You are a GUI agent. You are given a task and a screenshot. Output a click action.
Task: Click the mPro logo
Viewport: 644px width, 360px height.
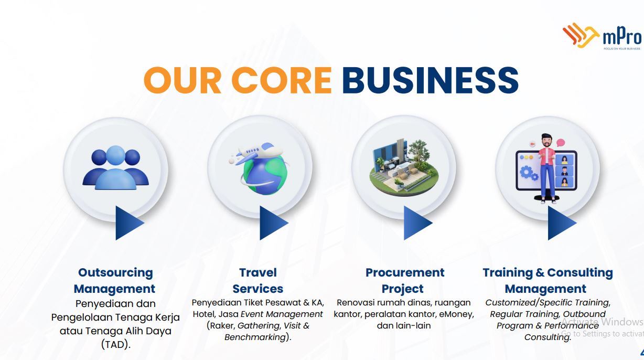(603, 37)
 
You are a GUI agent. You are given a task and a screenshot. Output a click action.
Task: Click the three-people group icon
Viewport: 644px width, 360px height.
(115, 167)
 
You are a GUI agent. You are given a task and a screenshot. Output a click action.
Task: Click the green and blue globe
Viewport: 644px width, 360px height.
(265, 176)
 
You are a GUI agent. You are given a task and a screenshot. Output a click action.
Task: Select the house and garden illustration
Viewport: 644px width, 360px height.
(404, 168)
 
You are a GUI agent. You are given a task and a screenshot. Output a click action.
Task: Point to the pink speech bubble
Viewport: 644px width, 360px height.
(561, 143)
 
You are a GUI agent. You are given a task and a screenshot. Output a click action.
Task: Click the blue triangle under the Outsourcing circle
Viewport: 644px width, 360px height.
(130, 223)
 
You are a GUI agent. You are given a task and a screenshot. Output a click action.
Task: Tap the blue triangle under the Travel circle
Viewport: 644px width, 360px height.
(274, 223)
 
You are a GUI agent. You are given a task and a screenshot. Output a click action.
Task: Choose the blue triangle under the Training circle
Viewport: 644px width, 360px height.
(562, 223)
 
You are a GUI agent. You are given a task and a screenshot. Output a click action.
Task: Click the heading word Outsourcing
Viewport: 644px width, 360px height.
(115, 273)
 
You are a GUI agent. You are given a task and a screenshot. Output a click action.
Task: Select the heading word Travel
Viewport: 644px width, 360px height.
(258, 272)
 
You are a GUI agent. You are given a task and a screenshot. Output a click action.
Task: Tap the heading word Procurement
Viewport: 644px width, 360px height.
(405, 272)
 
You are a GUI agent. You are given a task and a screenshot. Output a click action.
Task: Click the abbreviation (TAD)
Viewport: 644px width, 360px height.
(116, 344)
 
